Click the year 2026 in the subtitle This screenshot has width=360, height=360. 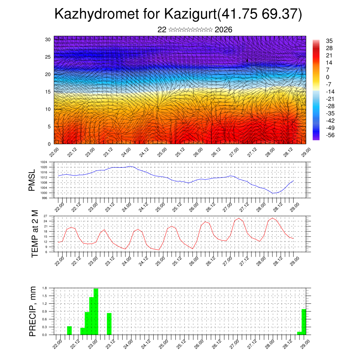[223, 30]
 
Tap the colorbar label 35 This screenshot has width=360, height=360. [329, 41]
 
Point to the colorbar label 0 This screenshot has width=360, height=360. [328, 77]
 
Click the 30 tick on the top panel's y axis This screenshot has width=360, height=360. [48, 39]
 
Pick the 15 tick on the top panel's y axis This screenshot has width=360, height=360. [48, 92]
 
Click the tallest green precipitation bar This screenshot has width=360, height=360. [96, 311]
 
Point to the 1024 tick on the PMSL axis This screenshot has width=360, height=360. [44, 162]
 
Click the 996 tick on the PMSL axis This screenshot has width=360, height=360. [45, 198]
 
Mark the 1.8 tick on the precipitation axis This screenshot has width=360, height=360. [45, 288]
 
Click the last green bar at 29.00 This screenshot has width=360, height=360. [304, 322]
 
